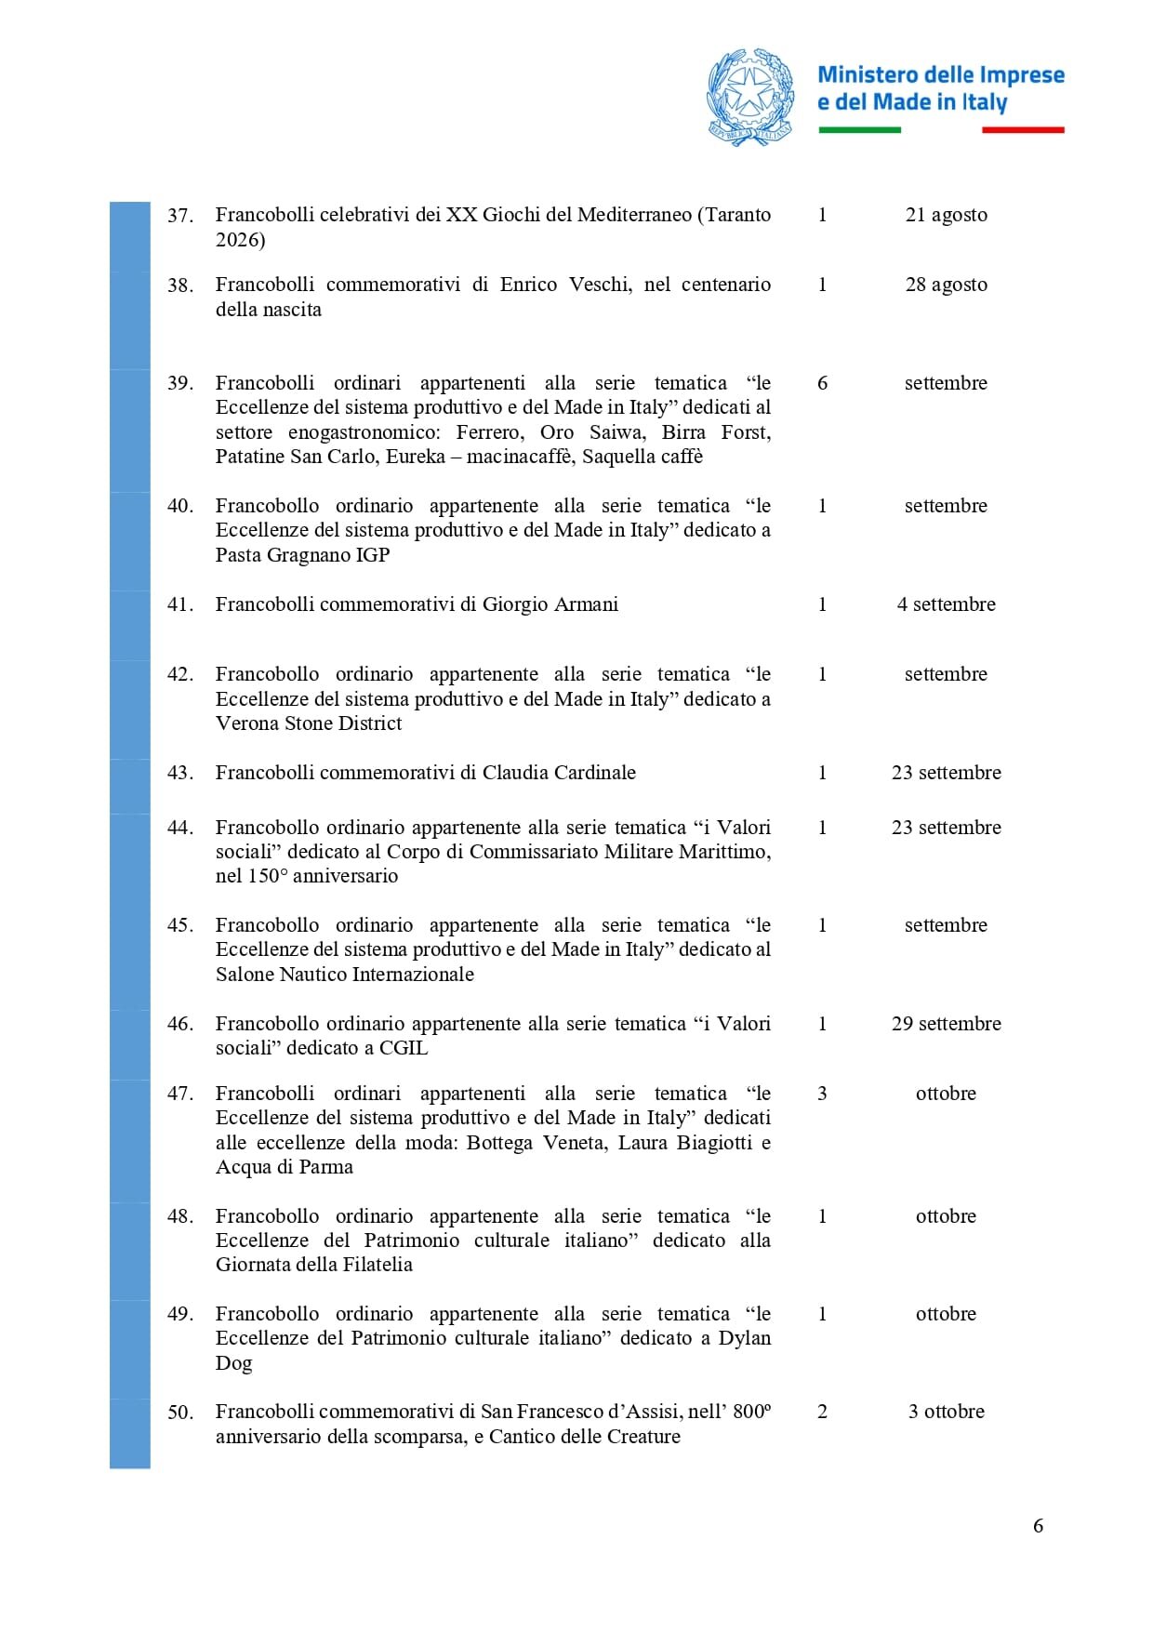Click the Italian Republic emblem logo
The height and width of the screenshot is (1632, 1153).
pos(750,97)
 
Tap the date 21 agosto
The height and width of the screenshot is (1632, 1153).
pos(946,215)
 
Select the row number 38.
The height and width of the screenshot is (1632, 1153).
pos(180,285)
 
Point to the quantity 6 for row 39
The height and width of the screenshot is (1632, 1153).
pos(822,383)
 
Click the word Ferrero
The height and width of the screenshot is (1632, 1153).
pos(489,432)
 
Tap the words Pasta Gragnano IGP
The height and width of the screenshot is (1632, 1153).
pos(302,555)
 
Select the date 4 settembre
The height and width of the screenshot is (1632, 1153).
pos(946,604)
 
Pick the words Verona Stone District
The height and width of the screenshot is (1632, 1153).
pos(309,723)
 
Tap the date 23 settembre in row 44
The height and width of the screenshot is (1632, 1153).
pos(946,828)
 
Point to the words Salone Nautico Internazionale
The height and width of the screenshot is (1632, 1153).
pos(344,975)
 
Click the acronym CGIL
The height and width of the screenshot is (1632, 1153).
pos(404,1048)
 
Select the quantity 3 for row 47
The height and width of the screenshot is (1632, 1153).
pos(822,1094)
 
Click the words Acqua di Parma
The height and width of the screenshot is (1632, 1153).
pos(284,1167)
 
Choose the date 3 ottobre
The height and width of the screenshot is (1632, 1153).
pos(946,1412)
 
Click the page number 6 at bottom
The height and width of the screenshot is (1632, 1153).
pos(1038,1526)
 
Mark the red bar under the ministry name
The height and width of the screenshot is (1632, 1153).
pos(1023,130)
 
